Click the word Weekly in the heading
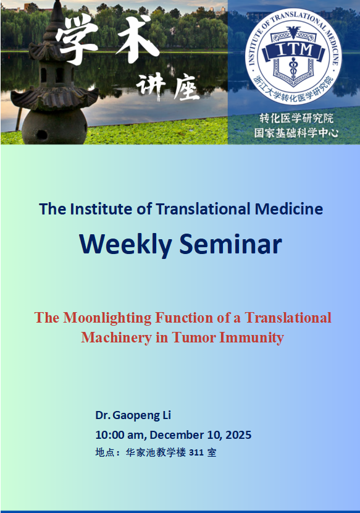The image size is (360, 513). point(125,244)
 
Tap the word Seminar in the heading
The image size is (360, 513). point(230,244)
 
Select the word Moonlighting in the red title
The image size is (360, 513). point(107,318)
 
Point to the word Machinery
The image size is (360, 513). point(117,337)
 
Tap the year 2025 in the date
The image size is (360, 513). point(238,435)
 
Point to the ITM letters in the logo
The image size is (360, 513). point(294,49)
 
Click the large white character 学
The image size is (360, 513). point(77,38)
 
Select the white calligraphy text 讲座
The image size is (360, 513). point(167,87)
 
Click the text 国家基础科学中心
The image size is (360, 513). point(296,132)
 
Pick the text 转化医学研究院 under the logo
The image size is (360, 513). point(296,118)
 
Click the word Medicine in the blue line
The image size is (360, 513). point(289,209)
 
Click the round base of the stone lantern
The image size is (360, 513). point(54,127)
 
